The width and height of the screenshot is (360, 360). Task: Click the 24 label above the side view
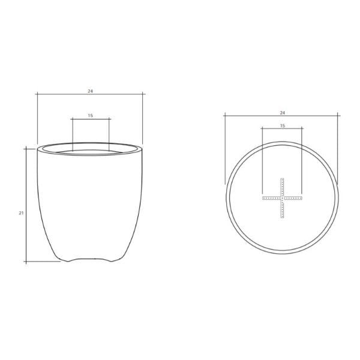pyautogui.click(x=90, y=91)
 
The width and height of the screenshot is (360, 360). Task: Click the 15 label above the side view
pyautogui.click(x=91, y=115)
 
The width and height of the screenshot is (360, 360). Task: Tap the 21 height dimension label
pyautogui.click(x=21, y=213)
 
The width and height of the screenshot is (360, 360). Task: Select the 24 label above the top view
pyautogui.click(x=283, y=113)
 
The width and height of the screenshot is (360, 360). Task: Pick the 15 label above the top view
pyautogui.click(x=283, y=125)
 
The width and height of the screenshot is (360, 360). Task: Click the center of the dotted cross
pyautogui.click(x=282, y=198)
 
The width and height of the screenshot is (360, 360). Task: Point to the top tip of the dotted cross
pyautogui.click(x=282, y=178)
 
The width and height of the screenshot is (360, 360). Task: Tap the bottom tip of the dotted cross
pyautogui.click(x=282, y=217)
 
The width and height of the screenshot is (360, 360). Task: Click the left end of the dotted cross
pyautogui.click(x=263, y=198)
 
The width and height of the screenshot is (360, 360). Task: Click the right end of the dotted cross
pyautogui.click(x=302, y=198)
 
